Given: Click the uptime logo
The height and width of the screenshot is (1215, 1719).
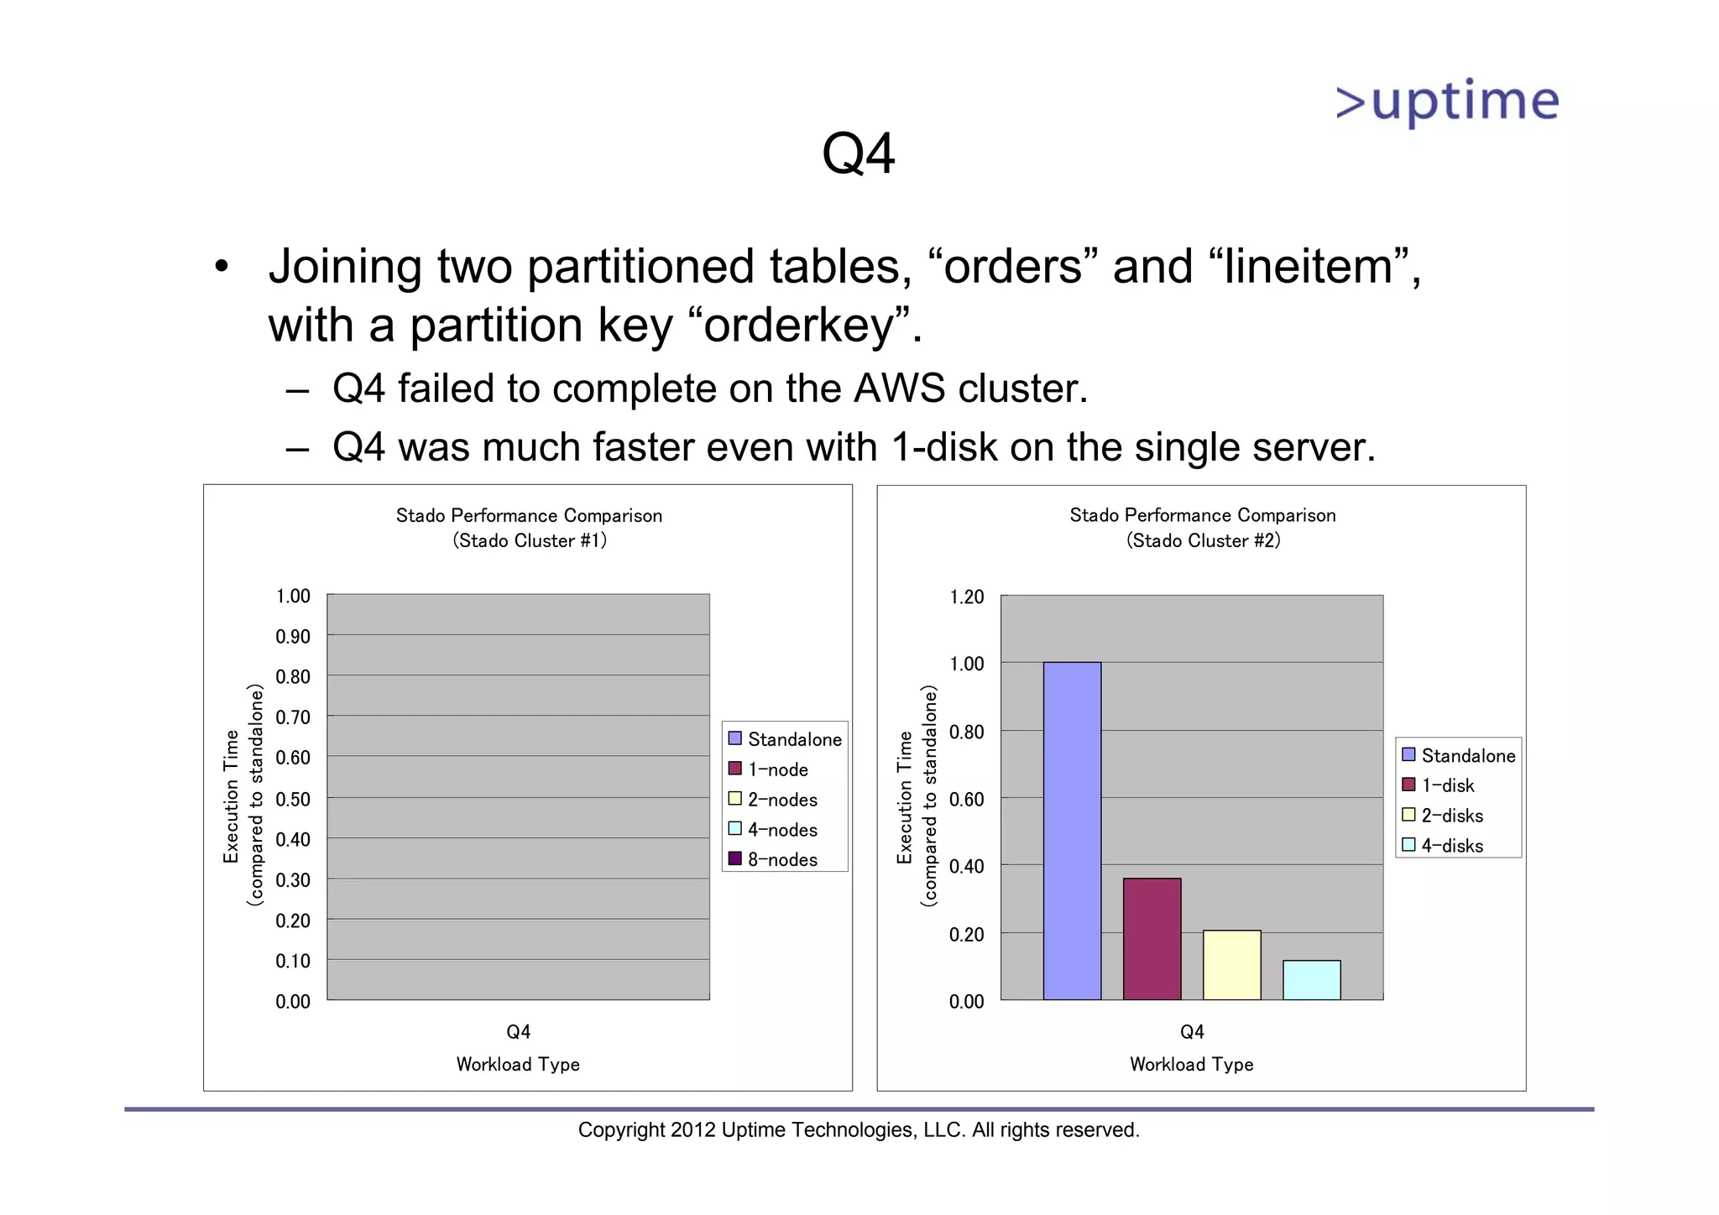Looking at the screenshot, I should (x=1447, y=103).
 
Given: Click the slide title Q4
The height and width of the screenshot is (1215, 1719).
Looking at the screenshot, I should (x=858, y=154).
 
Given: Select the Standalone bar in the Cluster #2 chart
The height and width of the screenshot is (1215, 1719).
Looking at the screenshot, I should (x=1072, y=831).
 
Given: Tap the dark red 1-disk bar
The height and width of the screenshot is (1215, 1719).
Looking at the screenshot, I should (x=1152, y=938).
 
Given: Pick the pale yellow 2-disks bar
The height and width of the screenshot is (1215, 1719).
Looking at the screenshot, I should (x=1231, y=964).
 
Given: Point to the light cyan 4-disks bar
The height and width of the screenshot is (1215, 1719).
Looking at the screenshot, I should (x=1311, y=979).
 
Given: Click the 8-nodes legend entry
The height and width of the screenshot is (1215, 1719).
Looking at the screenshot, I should (x=781, y=859).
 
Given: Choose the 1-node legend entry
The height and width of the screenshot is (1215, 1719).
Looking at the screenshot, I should (x=777, y=769).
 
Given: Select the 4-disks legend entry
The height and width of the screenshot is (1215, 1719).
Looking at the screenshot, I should (x=1451, y=846).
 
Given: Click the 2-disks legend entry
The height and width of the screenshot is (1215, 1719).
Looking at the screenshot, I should (x=1451, y=816).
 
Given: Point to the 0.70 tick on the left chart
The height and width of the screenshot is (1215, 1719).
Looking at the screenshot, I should (x=293, y=717).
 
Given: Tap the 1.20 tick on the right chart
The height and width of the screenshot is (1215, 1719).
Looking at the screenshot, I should (x=966, y=597).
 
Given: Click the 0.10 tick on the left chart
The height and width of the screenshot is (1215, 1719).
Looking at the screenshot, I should (x=293, y=961).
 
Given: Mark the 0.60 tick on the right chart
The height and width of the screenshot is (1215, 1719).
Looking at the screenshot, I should (x=966, y=799).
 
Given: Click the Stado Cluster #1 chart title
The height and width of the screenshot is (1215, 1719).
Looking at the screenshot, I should (x=529, y=528).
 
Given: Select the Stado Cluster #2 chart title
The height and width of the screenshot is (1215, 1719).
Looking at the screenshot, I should (x=1202, y=528).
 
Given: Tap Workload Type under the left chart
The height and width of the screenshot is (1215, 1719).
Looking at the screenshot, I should (x=518, y=1064).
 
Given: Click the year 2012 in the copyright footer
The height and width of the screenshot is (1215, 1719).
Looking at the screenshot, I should (x=692, y=1130).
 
